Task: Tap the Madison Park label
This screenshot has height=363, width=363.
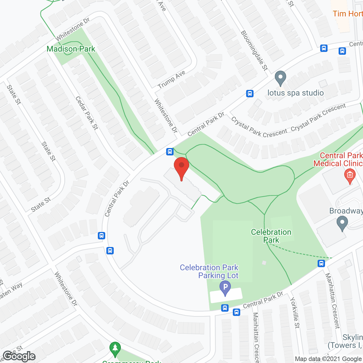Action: coord(71,49)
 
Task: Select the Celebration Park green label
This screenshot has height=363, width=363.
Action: coord(271,236)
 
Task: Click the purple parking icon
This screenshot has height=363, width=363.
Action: coord(225,288)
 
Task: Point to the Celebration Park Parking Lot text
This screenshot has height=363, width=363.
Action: coord(209,271)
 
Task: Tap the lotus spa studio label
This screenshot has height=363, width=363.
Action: coord(296,93)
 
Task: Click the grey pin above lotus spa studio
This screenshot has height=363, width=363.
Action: coord(280,78)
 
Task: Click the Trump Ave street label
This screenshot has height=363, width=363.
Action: coord(171,79)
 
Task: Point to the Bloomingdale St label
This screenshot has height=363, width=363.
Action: coord(254,50)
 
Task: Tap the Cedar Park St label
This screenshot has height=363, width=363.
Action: coord(86,113)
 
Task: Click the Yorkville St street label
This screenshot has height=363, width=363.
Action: coord(295,313)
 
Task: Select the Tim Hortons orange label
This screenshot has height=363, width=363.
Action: coord(348,14)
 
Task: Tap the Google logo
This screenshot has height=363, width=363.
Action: coord(19,356)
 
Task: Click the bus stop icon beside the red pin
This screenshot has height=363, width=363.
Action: coord(170,152)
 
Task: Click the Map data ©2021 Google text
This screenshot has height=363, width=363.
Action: coord(328,359)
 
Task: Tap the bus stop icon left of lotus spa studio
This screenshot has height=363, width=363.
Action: coord(250,93)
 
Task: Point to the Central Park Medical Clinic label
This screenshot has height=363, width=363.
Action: coord(338,159)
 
